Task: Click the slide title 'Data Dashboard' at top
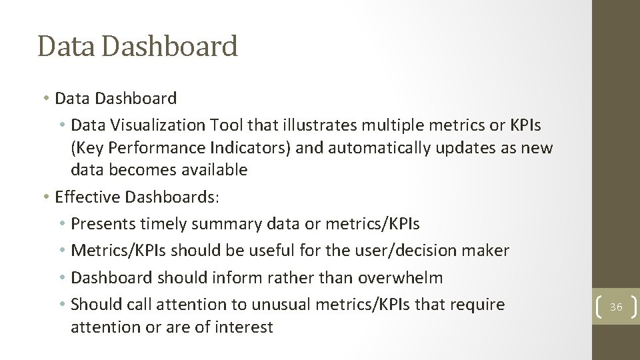pyautogui.click(x=137, y=47)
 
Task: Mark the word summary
pyautogui.click(x=227, y=224)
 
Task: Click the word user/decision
pyautogui.click(x=411, y=251)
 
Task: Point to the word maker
pyautogui.click(x=488, y=251)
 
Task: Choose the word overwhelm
pyautogui.click(x=400, y=277)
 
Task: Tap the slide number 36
pyautogui.click(x=616, y=307)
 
